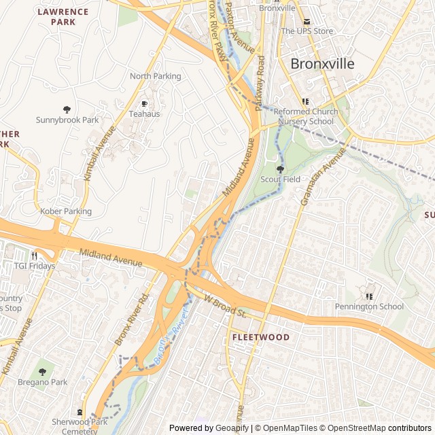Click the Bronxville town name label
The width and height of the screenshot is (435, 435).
click(322, 64)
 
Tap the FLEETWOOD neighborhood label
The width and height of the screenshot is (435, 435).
click(260, 337)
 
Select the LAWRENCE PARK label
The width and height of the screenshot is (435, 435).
click(63, 16)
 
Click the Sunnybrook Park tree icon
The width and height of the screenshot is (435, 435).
click(67, 109)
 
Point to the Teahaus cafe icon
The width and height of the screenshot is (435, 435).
click(144, 103)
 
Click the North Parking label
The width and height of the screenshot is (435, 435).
click(156, 76)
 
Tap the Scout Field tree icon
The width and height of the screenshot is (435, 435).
click(280, 169)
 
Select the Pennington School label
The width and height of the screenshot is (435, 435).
click(369, 307)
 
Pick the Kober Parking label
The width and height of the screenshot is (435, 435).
click(66, 211)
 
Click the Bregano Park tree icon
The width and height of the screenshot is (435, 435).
click(42, 372)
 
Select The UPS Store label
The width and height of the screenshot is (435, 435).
click(307, 31)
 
